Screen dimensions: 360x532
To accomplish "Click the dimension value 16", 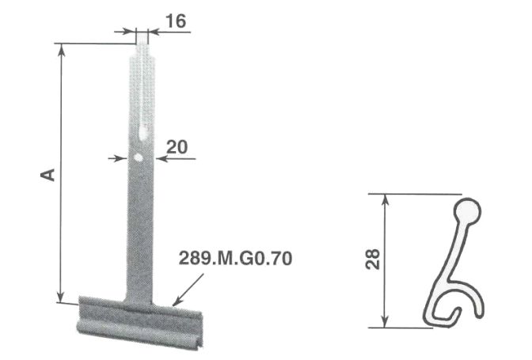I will click(x=176, y=21).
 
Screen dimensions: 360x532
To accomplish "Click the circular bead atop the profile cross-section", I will click(x=466, y=210).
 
